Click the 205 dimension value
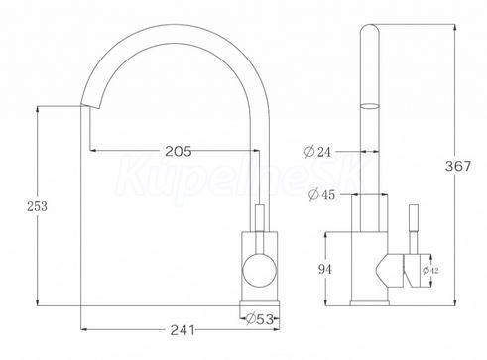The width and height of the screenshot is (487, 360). point(179,151)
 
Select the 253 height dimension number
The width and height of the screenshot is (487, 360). point(37,206)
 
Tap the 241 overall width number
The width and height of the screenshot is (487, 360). point(183,330)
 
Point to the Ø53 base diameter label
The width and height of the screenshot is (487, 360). point(260,319)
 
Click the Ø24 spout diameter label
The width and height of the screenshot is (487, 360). point(317,152)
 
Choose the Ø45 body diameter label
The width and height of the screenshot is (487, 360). point(321,195)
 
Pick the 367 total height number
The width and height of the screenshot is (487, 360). point(458,166)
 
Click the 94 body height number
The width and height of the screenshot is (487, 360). point(324,269)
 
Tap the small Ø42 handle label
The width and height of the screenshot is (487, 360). point(430,271)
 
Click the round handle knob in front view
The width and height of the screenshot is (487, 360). point(260,270)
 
